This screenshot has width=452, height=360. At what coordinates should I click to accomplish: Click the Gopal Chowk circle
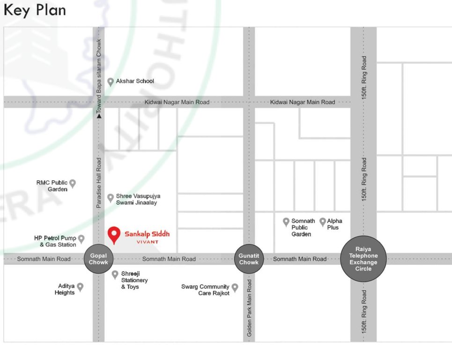pos(99,259)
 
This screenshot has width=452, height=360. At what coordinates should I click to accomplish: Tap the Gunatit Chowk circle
pos(249,259)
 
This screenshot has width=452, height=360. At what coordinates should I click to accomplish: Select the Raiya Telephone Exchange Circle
pos(363,259)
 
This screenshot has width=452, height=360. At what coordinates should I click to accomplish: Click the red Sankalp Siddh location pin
pos(113,235)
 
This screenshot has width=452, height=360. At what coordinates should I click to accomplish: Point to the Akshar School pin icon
pos(111,82)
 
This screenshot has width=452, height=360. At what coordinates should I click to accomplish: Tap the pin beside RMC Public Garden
pos(73,183)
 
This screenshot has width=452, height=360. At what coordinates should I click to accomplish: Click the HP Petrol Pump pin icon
pos(81,239)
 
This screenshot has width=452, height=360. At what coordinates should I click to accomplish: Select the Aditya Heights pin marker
pos(80,287)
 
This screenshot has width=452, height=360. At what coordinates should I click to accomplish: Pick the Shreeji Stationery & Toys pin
pos(115,275)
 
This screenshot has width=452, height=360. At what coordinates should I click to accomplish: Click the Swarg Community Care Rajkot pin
pos(235,287)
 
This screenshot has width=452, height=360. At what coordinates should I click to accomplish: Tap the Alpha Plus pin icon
pos(323,222)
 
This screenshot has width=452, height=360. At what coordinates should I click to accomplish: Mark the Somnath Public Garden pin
pos(286,222)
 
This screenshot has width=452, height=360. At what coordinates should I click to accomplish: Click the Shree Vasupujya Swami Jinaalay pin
pos(111,198)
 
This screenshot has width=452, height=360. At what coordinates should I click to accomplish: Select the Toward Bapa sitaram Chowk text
pos(99,75)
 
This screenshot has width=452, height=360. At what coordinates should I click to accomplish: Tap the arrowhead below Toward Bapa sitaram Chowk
pos(99,115)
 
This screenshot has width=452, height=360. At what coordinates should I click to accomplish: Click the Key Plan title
pos(35,10)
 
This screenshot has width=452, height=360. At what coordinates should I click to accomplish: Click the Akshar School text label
pos(135,81)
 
